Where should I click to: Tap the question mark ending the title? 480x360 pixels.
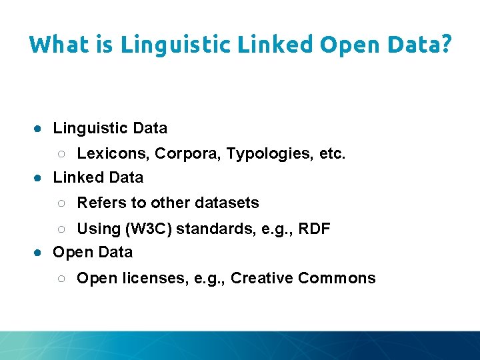445,45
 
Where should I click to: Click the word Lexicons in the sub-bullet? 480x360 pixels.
113,154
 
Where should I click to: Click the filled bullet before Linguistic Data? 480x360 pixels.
40,128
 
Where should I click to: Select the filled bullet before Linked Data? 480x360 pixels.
40,178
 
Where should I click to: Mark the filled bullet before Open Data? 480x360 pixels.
40,253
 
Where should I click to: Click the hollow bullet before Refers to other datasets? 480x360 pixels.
61,203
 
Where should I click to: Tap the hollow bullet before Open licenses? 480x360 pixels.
61,279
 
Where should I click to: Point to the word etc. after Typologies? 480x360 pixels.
333,154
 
